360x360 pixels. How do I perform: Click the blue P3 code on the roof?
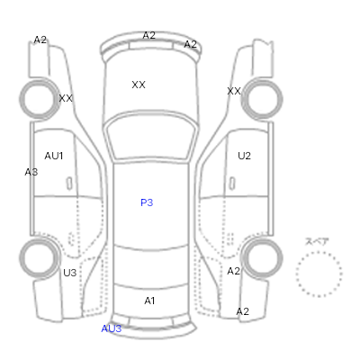[x=147, y=202]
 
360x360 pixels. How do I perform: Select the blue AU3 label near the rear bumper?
[x=112, y=328]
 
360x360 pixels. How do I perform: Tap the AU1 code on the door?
[x=54, y=156]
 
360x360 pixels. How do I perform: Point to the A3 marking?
[x=31, y=172]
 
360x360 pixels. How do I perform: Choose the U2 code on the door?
[x=244, y=156]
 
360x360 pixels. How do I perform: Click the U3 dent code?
[x=70, y=273]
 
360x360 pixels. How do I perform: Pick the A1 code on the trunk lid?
[x=149, y=301]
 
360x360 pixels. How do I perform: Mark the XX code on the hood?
[x=139, y=85]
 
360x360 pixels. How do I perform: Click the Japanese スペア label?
[x=317, y=241]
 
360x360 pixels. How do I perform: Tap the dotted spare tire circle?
[x=319, y=252]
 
